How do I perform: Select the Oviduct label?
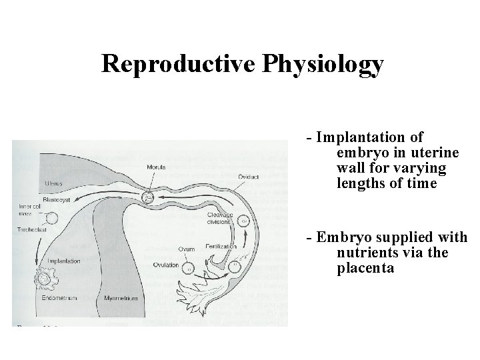[249, 177]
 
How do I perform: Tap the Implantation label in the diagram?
[63, 261]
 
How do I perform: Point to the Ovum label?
[185, 249]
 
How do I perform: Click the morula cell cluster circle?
[149, 197]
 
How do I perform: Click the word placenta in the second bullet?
[365, 268]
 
